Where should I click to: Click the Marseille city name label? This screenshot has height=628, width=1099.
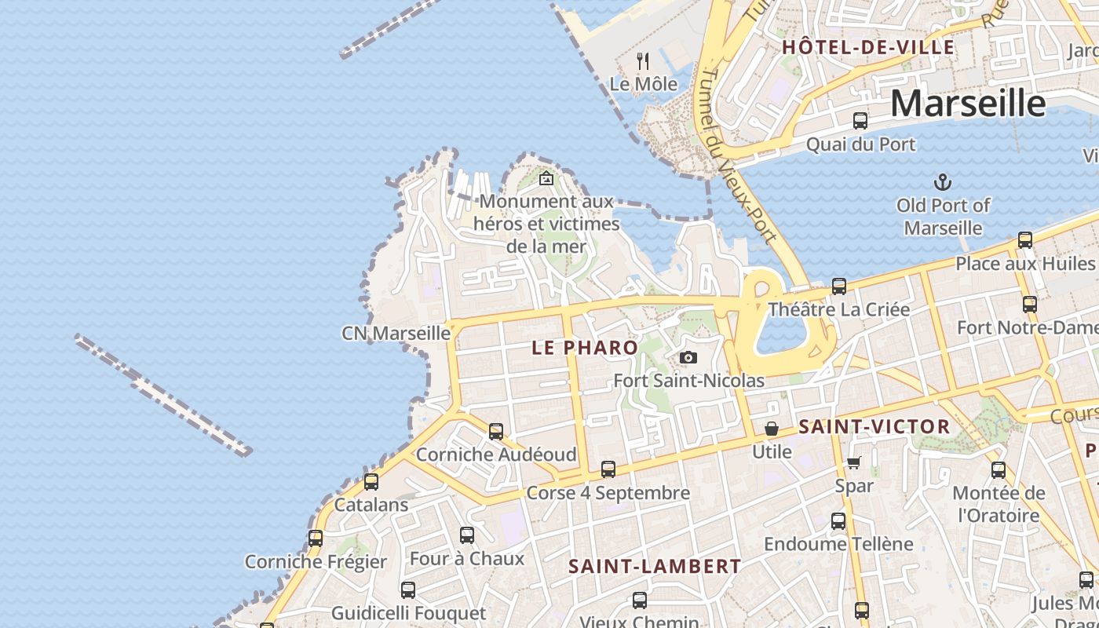(x=968, y=103)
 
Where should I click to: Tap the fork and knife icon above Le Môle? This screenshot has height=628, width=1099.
(x=643, y=60)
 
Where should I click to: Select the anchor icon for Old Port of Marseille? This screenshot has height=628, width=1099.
(x=942, y=183)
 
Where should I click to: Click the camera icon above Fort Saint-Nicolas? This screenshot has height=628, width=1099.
(x=688, y=358)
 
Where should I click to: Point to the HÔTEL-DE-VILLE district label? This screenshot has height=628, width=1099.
(x=868, y=47)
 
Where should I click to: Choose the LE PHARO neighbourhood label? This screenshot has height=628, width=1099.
(x=585, y=348)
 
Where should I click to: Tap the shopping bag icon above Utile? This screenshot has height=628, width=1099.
(x=772, y=429)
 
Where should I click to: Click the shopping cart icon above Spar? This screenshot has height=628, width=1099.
(x=854, y=463)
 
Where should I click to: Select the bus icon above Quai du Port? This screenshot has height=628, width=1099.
(x=860, y=121)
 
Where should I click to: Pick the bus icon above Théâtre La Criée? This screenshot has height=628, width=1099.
(x=839, y=287)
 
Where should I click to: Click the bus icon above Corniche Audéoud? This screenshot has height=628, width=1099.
(x=496, y=432)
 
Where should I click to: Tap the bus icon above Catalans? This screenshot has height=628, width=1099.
(x=371, y=481)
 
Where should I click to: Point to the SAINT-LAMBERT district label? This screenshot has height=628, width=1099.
(x=655, y=566)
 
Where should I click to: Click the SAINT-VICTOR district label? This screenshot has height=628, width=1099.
(x=874, y=427)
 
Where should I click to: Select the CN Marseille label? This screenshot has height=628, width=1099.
(x=396, y=333)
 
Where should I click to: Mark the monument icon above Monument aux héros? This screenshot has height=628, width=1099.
(x=546, y=179)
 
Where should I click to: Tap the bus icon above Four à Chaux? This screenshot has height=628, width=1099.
(x=467, y=535)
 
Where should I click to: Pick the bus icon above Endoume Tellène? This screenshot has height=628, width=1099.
(x=838, y=521)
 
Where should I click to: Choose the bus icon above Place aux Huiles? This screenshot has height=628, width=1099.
(x=1025, y=240)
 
